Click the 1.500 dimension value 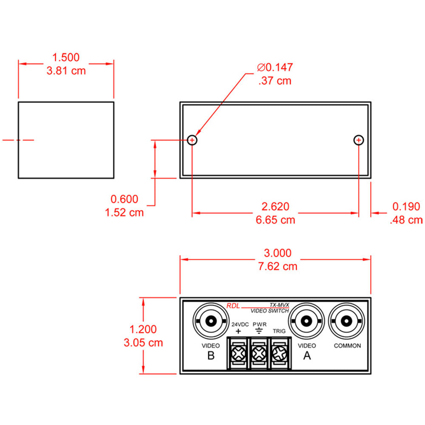65,57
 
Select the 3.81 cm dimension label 65,71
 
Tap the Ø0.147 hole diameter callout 275,67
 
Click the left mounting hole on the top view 192,140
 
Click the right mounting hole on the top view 359,140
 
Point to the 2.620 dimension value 275,207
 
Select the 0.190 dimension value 406,207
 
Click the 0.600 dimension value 124,199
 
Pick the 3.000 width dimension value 278,253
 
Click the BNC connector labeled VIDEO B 211,321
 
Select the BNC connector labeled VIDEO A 306,321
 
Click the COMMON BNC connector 347,321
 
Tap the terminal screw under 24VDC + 238,352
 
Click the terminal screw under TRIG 279,352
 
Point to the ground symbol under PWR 259,331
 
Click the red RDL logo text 233,306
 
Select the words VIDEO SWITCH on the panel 269,311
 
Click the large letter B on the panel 211,356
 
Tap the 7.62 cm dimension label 278,266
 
